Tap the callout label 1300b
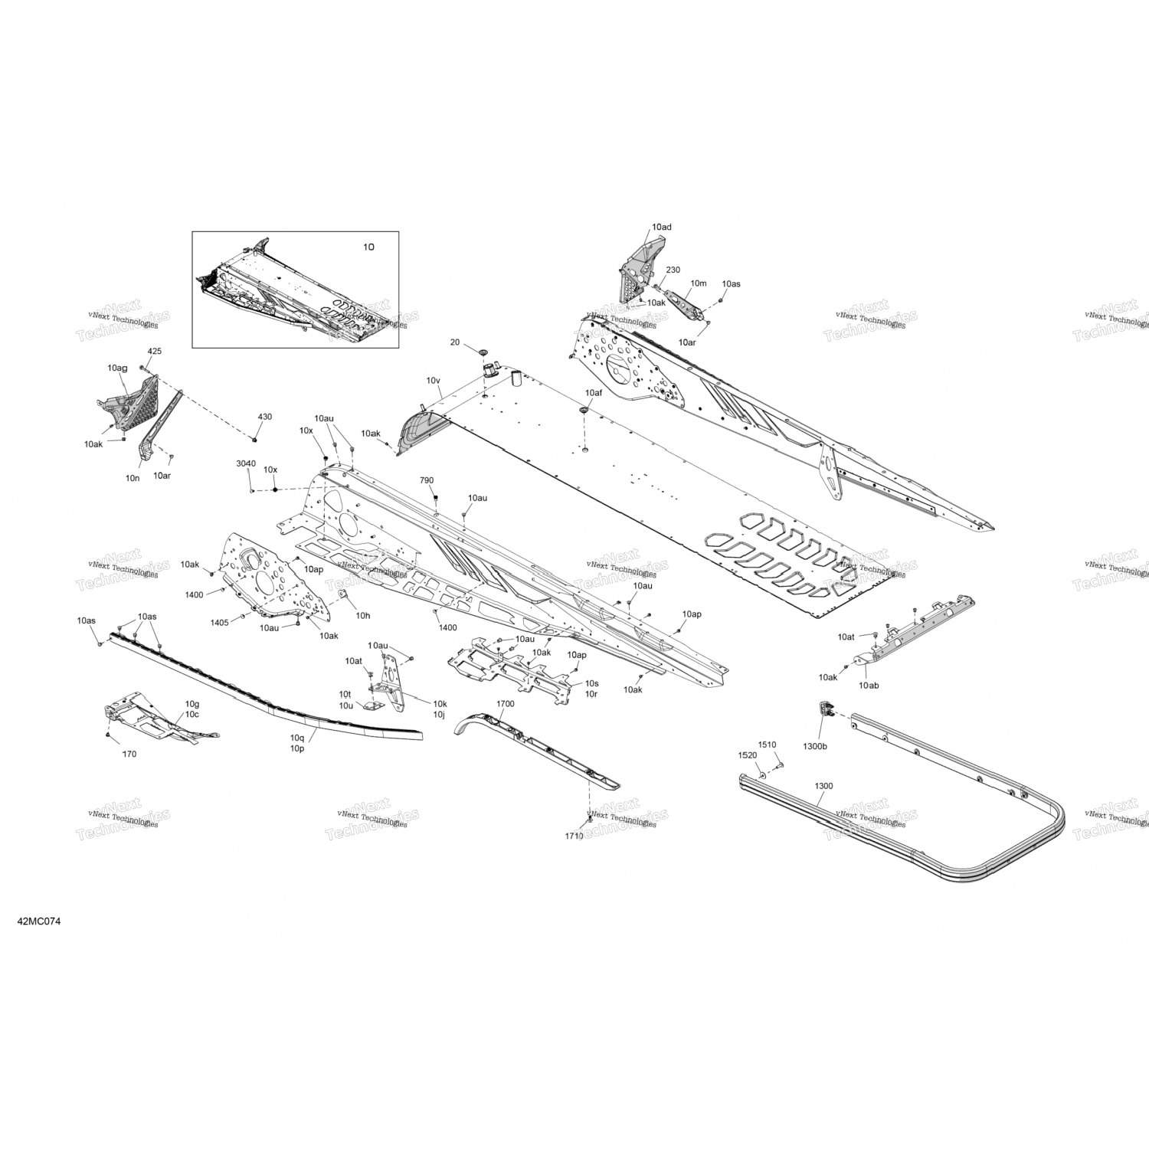tap(814, 745)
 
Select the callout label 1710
tap(574, 836)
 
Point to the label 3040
tap(246, 463)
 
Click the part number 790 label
tap(427, 480)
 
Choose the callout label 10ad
tap(661, 228)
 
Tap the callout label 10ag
tap(117, 368)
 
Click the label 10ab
tap(869, 685)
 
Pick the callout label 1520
tap(747, 755)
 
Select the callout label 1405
tap(219, 622)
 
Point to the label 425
tap(155, 351)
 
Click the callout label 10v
tap(434, 381)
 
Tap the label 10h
tap(363, 615)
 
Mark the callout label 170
tap(129, 754)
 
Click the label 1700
tap(506, 703)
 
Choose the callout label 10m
tap(698, 283)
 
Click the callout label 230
tap(673, 270)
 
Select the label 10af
tap(594, 392)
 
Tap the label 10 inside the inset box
tap(368, 247)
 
